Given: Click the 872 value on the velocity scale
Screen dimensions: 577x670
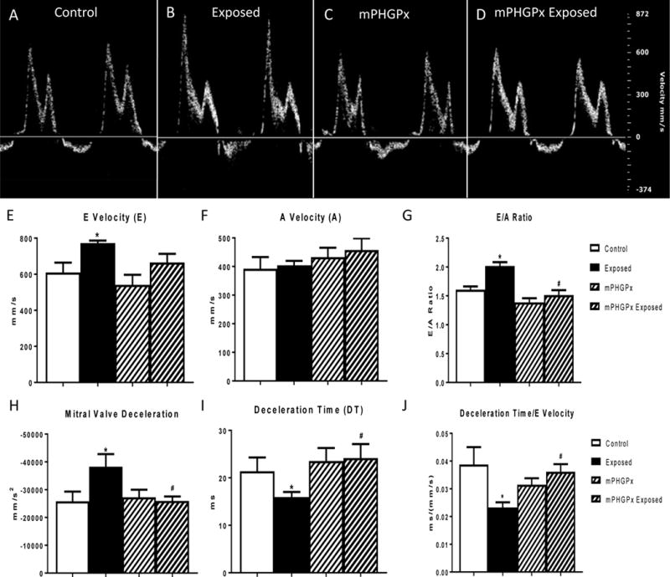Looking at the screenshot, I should click(x=643, y=16).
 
